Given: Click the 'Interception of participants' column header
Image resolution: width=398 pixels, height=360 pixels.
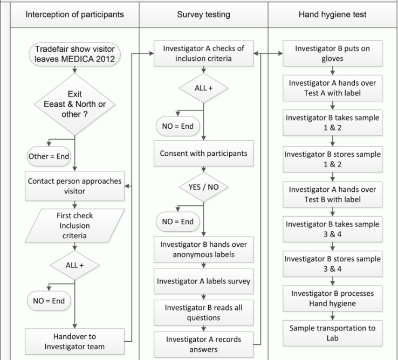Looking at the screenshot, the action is pyautogui.click(x=74, y=15).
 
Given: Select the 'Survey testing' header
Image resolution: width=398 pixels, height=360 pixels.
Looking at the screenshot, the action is pyautogui.click(x=203, y=15).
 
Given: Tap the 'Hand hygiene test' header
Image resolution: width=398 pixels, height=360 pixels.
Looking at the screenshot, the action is pyautogui.click(x=332, y=15).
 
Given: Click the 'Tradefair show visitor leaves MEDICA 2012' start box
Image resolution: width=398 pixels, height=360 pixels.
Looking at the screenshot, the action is pyautogui.click(x=74, y=54).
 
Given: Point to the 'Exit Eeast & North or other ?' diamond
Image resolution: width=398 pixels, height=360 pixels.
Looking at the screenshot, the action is pyautogui.click(x=74, y=104).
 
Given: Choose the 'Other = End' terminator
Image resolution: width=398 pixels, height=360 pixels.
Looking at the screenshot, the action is pyautogui.click(x=49, y=156).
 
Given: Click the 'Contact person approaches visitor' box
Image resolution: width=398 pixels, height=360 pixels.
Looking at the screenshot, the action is pyautogui.click(x=74, y=186).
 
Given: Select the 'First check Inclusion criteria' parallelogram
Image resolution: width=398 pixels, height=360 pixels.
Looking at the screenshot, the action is pyautogui.click(x=74, y=226).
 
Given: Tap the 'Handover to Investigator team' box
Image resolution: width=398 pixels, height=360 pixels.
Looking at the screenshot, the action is pyautogui.click(x=74, y=342).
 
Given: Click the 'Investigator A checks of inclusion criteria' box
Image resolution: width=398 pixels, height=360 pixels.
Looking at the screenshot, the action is pyautogui.click(x=203, y=53).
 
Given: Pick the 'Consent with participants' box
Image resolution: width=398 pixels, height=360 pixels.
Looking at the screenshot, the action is pyautogui.click(x=203, y=153).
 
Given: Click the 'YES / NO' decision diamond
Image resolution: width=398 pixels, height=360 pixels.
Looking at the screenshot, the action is pyautogui.click(x=203, y=187).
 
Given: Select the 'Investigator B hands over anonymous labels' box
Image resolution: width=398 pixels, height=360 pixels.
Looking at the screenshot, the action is pyautogui.click(x=203, y=250).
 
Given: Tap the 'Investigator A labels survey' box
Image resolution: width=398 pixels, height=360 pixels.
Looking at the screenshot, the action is pyautogui.click(x=203, y=281).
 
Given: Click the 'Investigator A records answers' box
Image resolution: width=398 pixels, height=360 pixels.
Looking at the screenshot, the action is pyautogui.click(x=203, y=344).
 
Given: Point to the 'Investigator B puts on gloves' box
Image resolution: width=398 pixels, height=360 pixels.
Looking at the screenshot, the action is pyautogui.click(x=333, y=53).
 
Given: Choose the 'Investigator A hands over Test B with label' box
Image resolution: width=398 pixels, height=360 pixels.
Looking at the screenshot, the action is pyautogui.click(x=333, y=195).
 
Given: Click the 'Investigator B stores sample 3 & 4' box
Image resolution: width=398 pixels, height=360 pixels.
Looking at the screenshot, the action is pyautogui.click(x=333, y=264).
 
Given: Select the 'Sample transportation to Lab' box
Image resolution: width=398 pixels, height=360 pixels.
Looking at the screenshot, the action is pyautogui.click(x=333, y=333).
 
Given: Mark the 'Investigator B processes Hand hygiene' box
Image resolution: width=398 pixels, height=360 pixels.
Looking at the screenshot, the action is pyautogui.click(x=333, y=299).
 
